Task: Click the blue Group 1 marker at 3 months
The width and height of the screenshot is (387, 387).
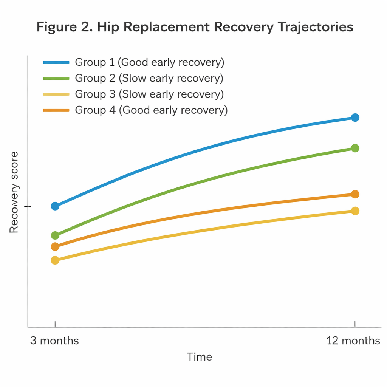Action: point(55,206)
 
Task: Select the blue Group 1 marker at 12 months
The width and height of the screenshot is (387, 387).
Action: point(355,118)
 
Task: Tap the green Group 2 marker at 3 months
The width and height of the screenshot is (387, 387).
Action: point(55,235)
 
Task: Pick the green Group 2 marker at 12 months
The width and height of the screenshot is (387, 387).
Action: point(355,148)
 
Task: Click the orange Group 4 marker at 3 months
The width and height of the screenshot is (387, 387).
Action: point(55,247)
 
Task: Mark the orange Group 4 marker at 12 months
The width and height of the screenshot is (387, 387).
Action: point(355,194)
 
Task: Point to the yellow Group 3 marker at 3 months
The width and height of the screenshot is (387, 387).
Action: point(55,260)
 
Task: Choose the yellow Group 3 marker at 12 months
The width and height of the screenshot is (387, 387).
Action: point(355,211)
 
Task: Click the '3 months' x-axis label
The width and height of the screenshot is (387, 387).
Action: point(55,341)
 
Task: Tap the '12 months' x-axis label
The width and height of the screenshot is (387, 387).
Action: point(353,341)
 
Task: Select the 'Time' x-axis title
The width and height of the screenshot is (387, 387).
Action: point(200,357)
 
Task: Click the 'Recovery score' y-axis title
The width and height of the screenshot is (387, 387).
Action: point(14,192)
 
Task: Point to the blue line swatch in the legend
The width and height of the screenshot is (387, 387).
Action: point(56,62)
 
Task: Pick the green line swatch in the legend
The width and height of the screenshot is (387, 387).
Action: point(56,78)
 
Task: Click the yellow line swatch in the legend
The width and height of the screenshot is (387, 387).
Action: point(56,94)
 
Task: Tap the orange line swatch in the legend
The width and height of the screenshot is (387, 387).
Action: point(56,110)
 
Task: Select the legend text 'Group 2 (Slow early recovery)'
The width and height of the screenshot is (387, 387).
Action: point(149,78)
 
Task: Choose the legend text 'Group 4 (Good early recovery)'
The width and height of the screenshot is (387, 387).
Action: point(151,110)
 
